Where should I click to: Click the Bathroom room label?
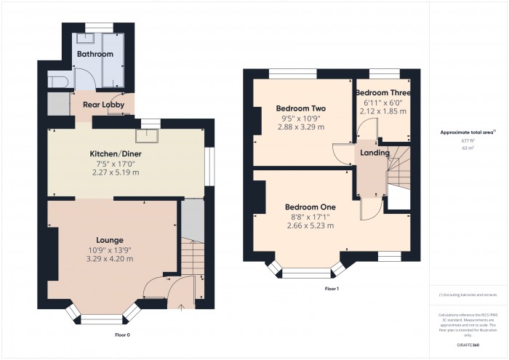click(x=95, y=55)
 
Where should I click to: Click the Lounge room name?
click(x=110, y=240)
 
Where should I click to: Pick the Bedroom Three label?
click(x=383, y=93)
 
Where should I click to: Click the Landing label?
click(x=375, y=153)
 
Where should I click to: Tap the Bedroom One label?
click(x=309, y=207)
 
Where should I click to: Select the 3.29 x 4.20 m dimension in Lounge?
click(x=110, y=258)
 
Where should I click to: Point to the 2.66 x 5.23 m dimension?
click(x=309, y=225)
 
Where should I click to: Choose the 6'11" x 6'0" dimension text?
click(x=383, y=103)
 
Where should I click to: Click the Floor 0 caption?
click(x=122, y=335)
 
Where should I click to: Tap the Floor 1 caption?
click(x=332, y=289)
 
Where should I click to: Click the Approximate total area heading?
click(x=468, y=132)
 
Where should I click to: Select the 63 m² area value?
click(x=468, y=148)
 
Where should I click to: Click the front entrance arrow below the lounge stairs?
click(x=180, y=306)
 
